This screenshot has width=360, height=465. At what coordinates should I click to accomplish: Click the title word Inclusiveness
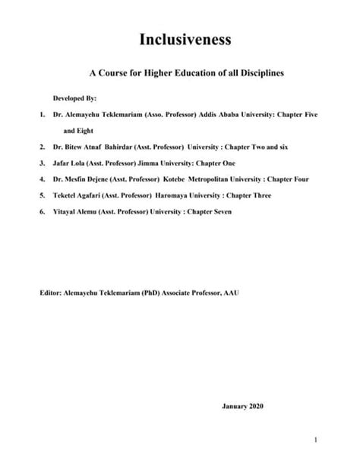[x=179, y=39]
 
